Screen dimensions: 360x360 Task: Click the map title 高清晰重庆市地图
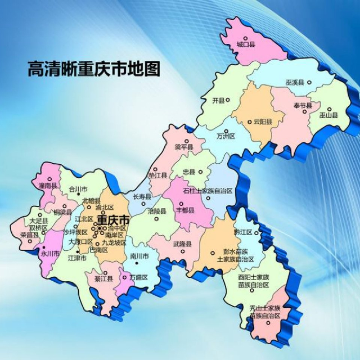pos(93,69)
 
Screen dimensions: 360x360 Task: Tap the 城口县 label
pos(246,43)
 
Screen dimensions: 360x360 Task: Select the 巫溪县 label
pos(294,83)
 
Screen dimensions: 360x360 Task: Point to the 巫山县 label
pos(328,115)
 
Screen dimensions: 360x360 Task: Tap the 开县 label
pos(218,101)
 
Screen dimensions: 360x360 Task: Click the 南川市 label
pos(138,256)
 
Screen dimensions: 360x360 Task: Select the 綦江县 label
pos(104,277)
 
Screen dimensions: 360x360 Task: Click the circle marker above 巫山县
pos(330,109)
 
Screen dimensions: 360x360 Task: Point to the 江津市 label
pos(77,258)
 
